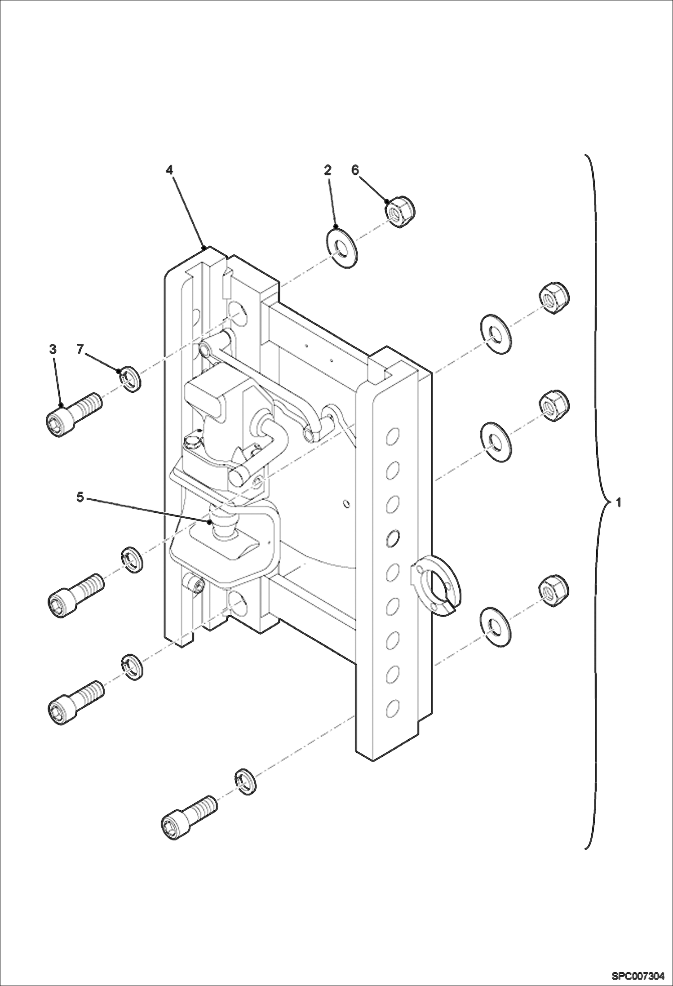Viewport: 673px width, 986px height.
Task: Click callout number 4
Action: pos(169,170)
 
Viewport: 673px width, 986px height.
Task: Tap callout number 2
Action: pos(328,170)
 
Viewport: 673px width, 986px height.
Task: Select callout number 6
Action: pos(355,170)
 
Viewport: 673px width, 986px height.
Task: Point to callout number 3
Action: pos(53,349)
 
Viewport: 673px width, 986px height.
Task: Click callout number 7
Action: pos(80,349)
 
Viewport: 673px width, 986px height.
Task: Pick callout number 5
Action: pos(80,497)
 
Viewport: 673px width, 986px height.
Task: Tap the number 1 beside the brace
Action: pos(618,503)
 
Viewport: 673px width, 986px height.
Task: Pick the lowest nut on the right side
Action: pos(553,589)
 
